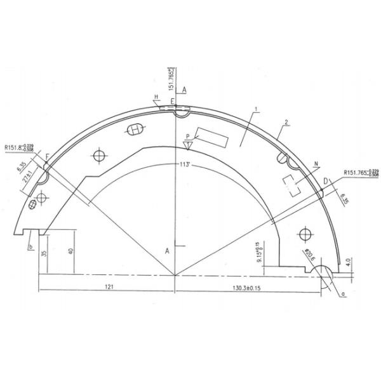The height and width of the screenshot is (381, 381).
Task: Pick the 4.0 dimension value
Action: (349, 261)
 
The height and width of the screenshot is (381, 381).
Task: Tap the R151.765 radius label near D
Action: (360, 171)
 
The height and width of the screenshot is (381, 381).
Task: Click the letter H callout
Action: (155, 97)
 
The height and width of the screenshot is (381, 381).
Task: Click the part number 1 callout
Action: (255, 110)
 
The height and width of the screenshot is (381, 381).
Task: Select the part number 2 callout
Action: (287, 121)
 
